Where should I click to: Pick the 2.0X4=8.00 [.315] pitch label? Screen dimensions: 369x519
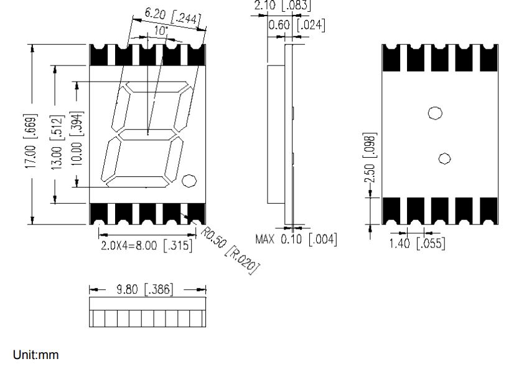146,244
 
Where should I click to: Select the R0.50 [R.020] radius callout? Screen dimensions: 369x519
230,249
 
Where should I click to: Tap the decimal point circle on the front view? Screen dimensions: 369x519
189,181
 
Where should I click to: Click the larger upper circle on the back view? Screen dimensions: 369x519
435,113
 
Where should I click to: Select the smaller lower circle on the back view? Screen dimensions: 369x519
444,158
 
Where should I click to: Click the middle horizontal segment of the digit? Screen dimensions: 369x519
147,134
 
